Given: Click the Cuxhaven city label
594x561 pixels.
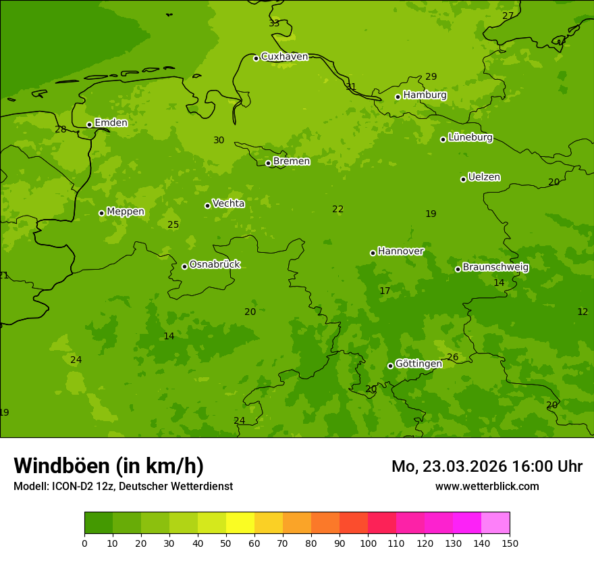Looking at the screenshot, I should tap(284, 57).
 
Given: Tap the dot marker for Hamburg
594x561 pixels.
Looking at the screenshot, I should tap(398, 97).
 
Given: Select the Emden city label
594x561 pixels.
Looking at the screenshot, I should tap(111, 123).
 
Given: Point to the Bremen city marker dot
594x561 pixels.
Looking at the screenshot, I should tap(268, 163).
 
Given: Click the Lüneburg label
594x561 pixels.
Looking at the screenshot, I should tap(470, 138).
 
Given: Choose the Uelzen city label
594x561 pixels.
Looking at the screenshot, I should tap(484, 178).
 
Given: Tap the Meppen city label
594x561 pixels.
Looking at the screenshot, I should tap(126, 212).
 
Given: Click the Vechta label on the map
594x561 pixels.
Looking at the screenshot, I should tap(228, 203).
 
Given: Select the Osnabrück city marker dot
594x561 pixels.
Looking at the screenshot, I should tap(184, 266).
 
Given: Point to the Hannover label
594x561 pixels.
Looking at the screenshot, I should tap(400, 251).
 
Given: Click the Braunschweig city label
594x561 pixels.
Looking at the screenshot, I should tap(495, 268).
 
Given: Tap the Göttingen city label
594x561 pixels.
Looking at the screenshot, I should tap(418, 364).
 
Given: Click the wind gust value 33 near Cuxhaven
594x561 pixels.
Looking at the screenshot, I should tap(274, 24).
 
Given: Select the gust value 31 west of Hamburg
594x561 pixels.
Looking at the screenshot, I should tap(351, 87).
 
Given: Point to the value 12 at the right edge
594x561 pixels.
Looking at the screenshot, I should tap(583, 312).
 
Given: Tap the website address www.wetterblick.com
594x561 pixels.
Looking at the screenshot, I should tap(487, 487).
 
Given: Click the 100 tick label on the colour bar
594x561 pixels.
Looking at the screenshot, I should tap(368, 543).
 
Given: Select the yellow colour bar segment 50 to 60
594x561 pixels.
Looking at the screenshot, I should tap(240, 523).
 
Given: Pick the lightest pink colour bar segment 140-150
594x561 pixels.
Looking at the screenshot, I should tap(495, 523).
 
